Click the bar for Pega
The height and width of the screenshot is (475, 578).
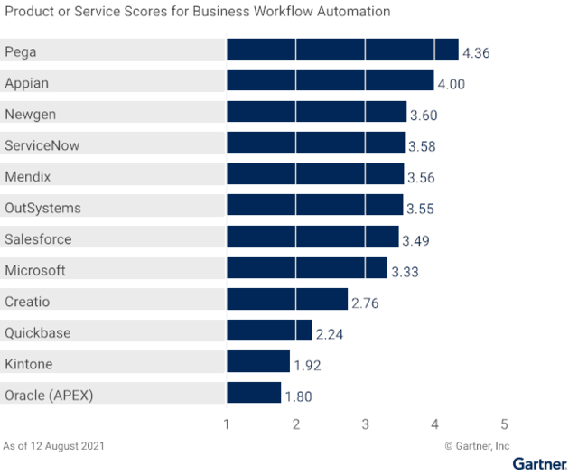pyautogui.click(x=342, y=50)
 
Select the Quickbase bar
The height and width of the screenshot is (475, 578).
pyautogui.click(x=269, y=331)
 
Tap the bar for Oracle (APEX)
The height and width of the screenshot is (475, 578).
pyautogui.click(x=254, y=393)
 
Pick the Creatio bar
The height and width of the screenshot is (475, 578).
pyautogui.click(x=287, y=299)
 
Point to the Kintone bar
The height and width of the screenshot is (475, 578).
pyautogui.click(x=258, y=361)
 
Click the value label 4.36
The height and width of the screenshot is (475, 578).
pyautogui.click(x=476, y=53)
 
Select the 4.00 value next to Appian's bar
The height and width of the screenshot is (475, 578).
pyautogui.click(x=451, y=84)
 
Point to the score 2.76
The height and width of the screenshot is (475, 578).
pyautogui.click(x=365, y=303)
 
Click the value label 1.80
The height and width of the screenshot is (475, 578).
pyautogui.click(x=299, y=396)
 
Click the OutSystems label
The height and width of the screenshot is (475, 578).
pyautogui.click(x=42, y=208)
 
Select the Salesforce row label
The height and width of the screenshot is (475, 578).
pyautogui.click(x=38, y=239)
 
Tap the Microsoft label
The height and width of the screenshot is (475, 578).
pyautogui.click(x=35, y=270)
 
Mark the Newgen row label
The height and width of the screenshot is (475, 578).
pyautogui.click(x=31, y=114)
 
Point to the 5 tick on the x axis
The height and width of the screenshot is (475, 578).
pyautogui.click(x=505, y=424)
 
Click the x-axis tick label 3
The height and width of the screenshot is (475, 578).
pyautogui.click(x=366, y=424)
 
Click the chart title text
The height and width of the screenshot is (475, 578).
pyautogui.click(x=198, y=13)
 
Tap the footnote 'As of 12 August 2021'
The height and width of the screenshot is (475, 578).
pyautogui.click(x=53, y=445)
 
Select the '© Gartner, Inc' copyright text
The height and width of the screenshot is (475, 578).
pyautogui.click(x=477, y=445)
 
